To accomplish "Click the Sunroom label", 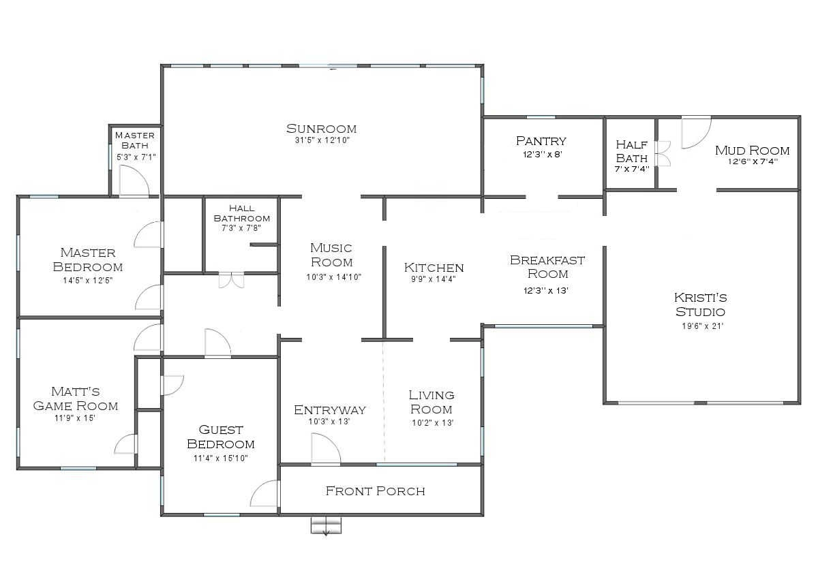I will point(322,129).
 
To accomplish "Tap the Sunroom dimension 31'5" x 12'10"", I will point(322,141).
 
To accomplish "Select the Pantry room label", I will point(541,141).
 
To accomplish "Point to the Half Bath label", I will point(631,151).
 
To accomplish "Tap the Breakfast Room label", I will point(547,266).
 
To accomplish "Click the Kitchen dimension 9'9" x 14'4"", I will point(434,279).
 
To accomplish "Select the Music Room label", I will point(331,255).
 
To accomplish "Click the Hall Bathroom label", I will point(241,213).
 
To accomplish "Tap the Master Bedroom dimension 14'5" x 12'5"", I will point(87,280).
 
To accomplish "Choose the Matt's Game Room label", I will point(76,398).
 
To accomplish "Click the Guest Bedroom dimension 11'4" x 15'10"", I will point(220,458).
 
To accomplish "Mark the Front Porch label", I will point(375,490).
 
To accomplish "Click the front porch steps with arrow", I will point(326,525).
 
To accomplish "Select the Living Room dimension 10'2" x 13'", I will point(431,422).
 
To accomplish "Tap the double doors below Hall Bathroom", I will point(230,280).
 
